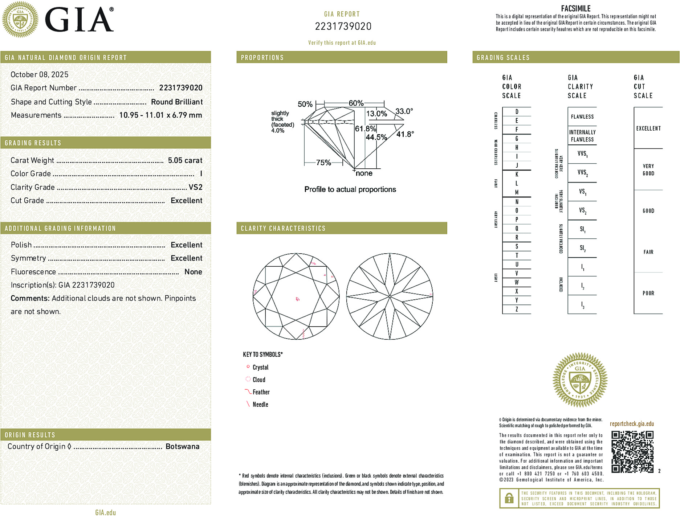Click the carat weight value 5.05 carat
point(185,160)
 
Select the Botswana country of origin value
point(182,447)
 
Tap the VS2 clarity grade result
point(195,187)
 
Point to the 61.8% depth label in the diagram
point(365,129)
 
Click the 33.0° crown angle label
point(404,111)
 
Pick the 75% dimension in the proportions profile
point(323,163)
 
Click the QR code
point(632,452)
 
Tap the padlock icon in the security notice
point(509,498)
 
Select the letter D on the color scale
point(517,112)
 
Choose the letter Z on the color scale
point(517,310)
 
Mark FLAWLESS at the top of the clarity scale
point(582,117)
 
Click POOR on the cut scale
point(648,293)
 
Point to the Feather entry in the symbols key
point(261,392)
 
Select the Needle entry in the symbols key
point(260,405)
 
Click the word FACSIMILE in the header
point(575,8)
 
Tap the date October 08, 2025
point(39,75)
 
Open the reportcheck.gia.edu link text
point(632,424)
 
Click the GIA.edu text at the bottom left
point(105,512)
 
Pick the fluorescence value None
point(193,272)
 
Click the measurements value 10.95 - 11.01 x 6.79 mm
point(160,115)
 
